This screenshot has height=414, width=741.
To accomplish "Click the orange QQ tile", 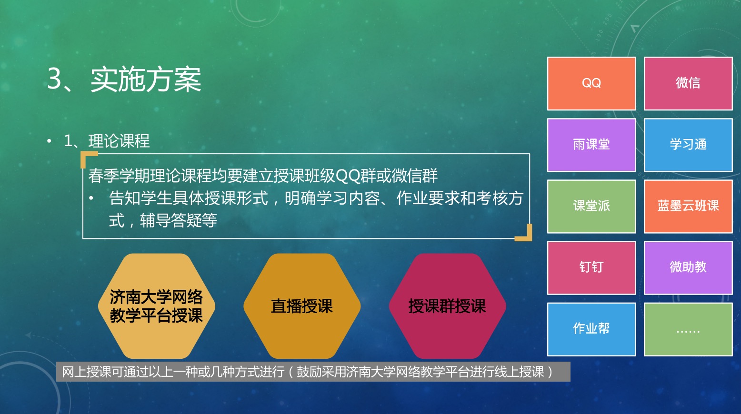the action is coord(591,83).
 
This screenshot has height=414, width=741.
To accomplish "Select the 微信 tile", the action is coord(688,83).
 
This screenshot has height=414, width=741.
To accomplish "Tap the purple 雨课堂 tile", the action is coord(591,145).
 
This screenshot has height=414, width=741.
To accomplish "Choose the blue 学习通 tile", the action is coord(688,145).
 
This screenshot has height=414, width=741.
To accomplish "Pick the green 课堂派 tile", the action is coord(591,207).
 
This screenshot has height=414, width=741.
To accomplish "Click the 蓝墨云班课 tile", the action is coord(688,207).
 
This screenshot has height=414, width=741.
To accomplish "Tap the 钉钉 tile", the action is coord(591,268).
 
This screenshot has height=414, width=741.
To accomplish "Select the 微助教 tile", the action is coord(688,268).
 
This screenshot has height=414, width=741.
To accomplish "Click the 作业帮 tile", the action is coord(591,329).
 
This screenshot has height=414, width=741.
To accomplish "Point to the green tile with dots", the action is coord(688,329).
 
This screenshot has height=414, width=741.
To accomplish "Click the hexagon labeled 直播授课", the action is coord(302,306).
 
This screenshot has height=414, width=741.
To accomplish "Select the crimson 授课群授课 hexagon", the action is coord(447,306).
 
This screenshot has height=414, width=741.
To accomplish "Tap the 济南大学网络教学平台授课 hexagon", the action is coord(157,306).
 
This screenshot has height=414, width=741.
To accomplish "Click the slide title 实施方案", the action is coord(146,79).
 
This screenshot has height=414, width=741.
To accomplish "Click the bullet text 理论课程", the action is coord(119,141).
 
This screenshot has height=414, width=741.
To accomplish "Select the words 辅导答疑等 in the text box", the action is coord(178,220).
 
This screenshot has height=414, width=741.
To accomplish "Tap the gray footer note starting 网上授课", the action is coord(313,372).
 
